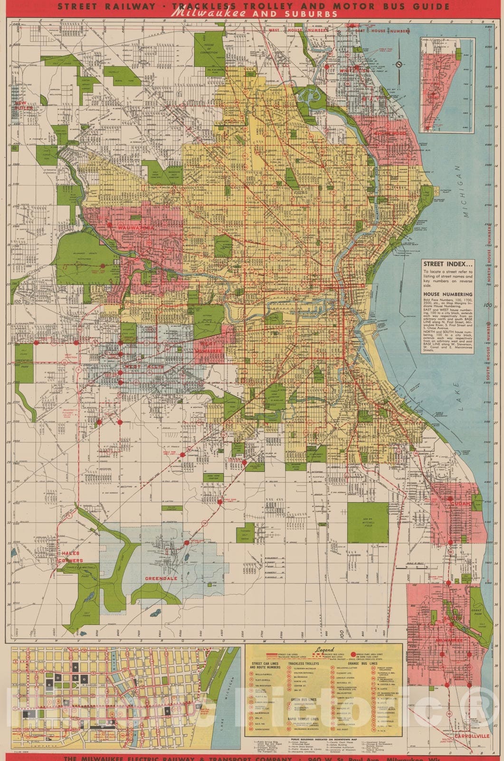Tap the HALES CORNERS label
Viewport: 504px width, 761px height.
coord(70,556)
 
